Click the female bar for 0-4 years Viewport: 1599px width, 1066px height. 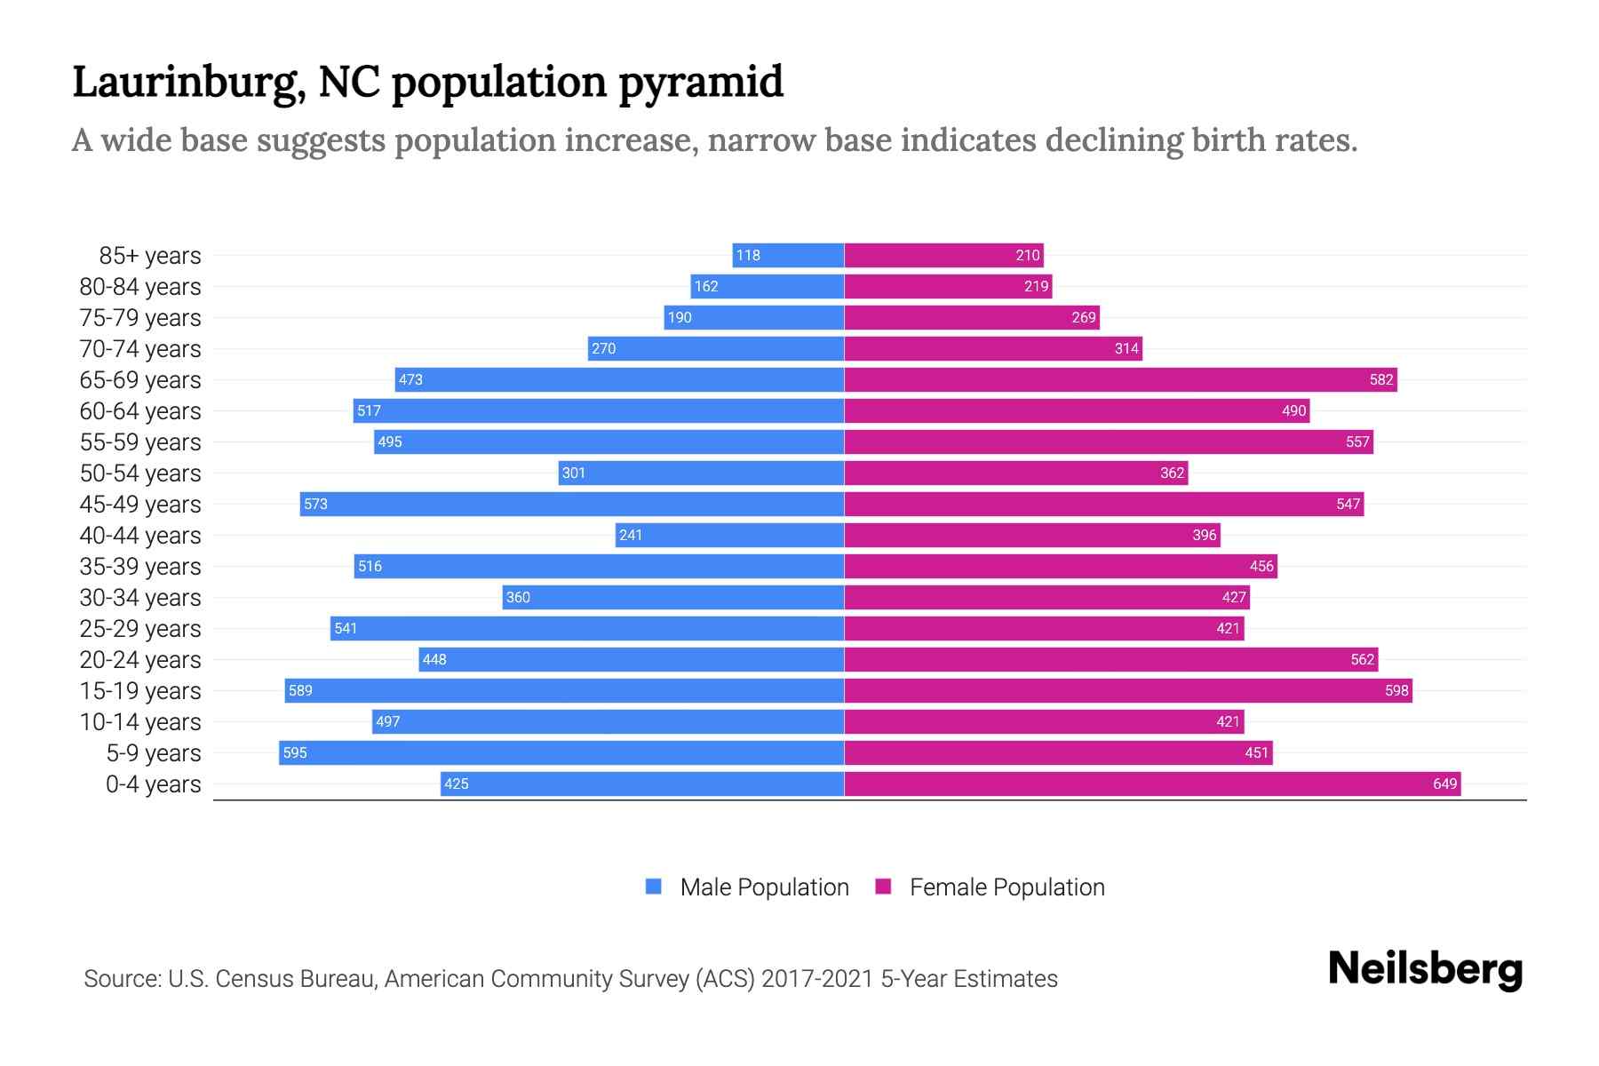1151,784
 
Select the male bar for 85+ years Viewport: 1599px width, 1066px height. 788,255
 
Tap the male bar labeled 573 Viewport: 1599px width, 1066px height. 571,504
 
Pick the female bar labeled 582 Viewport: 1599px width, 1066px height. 1119,379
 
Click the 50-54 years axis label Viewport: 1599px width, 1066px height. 140,473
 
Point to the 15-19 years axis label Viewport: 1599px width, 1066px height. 140,691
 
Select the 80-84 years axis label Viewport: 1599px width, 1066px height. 140,287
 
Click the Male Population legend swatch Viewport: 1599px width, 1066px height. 654,887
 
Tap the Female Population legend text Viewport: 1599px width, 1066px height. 1006,887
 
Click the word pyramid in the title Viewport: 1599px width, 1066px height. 701,82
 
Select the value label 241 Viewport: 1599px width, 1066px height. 631,535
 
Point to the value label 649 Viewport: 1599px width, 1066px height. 1444,784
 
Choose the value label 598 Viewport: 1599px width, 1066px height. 1396,690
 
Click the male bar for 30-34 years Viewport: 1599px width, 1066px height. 672,597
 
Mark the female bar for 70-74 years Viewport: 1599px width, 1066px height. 992,348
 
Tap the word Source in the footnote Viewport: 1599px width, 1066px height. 122,979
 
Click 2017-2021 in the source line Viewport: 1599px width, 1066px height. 817,979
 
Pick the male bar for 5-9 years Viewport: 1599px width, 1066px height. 561,752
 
